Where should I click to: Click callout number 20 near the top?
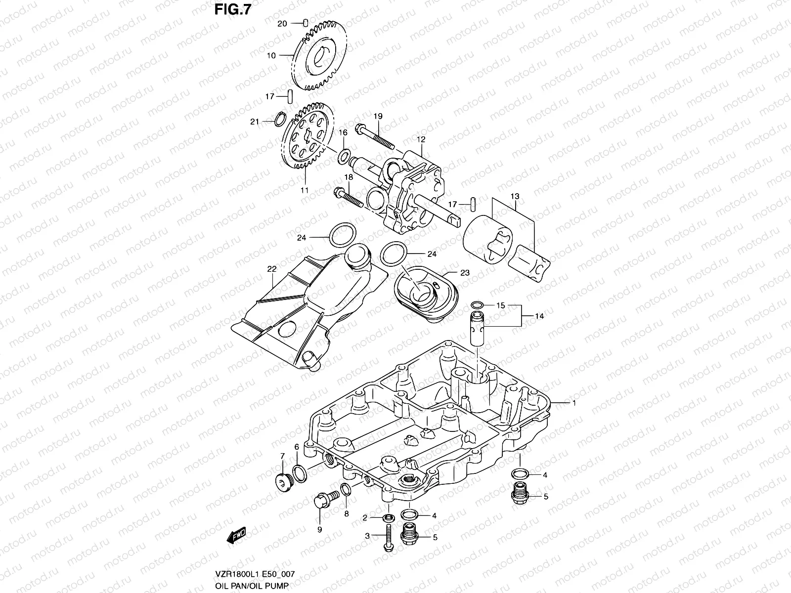(x=281, y=23)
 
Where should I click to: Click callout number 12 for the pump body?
(x=421, y=140)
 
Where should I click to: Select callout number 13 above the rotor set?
(x=515, y=197)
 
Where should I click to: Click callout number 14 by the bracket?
(x=539, y=316)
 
